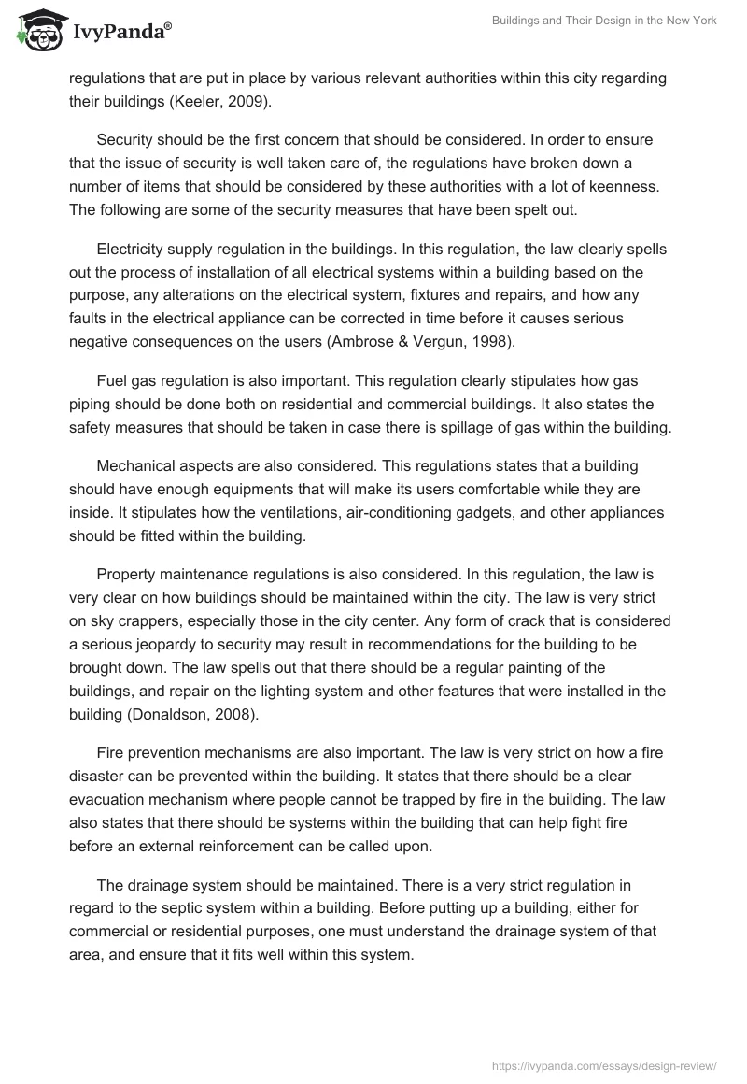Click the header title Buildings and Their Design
point(605,21)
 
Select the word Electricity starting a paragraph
point(134,250)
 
